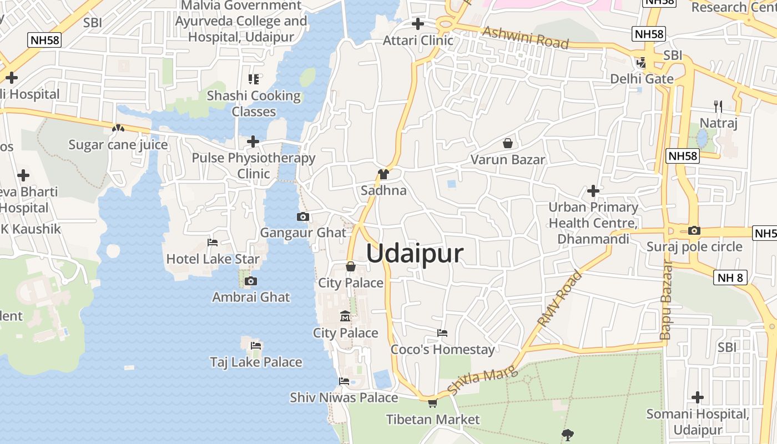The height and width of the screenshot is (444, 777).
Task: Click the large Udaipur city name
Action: point(415,254)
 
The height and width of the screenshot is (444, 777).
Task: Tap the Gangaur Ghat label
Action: point(303,233)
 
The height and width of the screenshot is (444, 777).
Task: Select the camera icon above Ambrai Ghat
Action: point(251,281)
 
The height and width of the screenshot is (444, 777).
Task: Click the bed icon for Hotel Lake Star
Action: point(212,243)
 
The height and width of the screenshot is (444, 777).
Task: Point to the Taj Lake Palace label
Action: point(256,362)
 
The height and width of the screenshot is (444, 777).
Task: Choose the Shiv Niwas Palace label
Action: point(344,397)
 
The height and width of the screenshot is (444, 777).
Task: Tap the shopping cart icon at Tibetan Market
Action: point(432,403)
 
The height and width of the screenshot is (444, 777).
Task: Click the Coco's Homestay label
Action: point(442,350)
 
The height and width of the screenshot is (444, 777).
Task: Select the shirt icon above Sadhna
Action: point(383,175)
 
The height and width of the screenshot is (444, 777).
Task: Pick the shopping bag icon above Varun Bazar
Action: point(507,144)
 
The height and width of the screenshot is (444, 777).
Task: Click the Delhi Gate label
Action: point(642,79)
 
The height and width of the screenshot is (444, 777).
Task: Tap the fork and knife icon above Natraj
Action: point(718,107)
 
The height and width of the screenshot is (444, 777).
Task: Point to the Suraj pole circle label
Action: point(694,246)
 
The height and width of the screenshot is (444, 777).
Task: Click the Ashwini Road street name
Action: point(525,38)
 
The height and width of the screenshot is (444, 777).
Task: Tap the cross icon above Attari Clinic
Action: point(418,24)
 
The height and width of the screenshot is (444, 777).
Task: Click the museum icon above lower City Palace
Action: point(345,317)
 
